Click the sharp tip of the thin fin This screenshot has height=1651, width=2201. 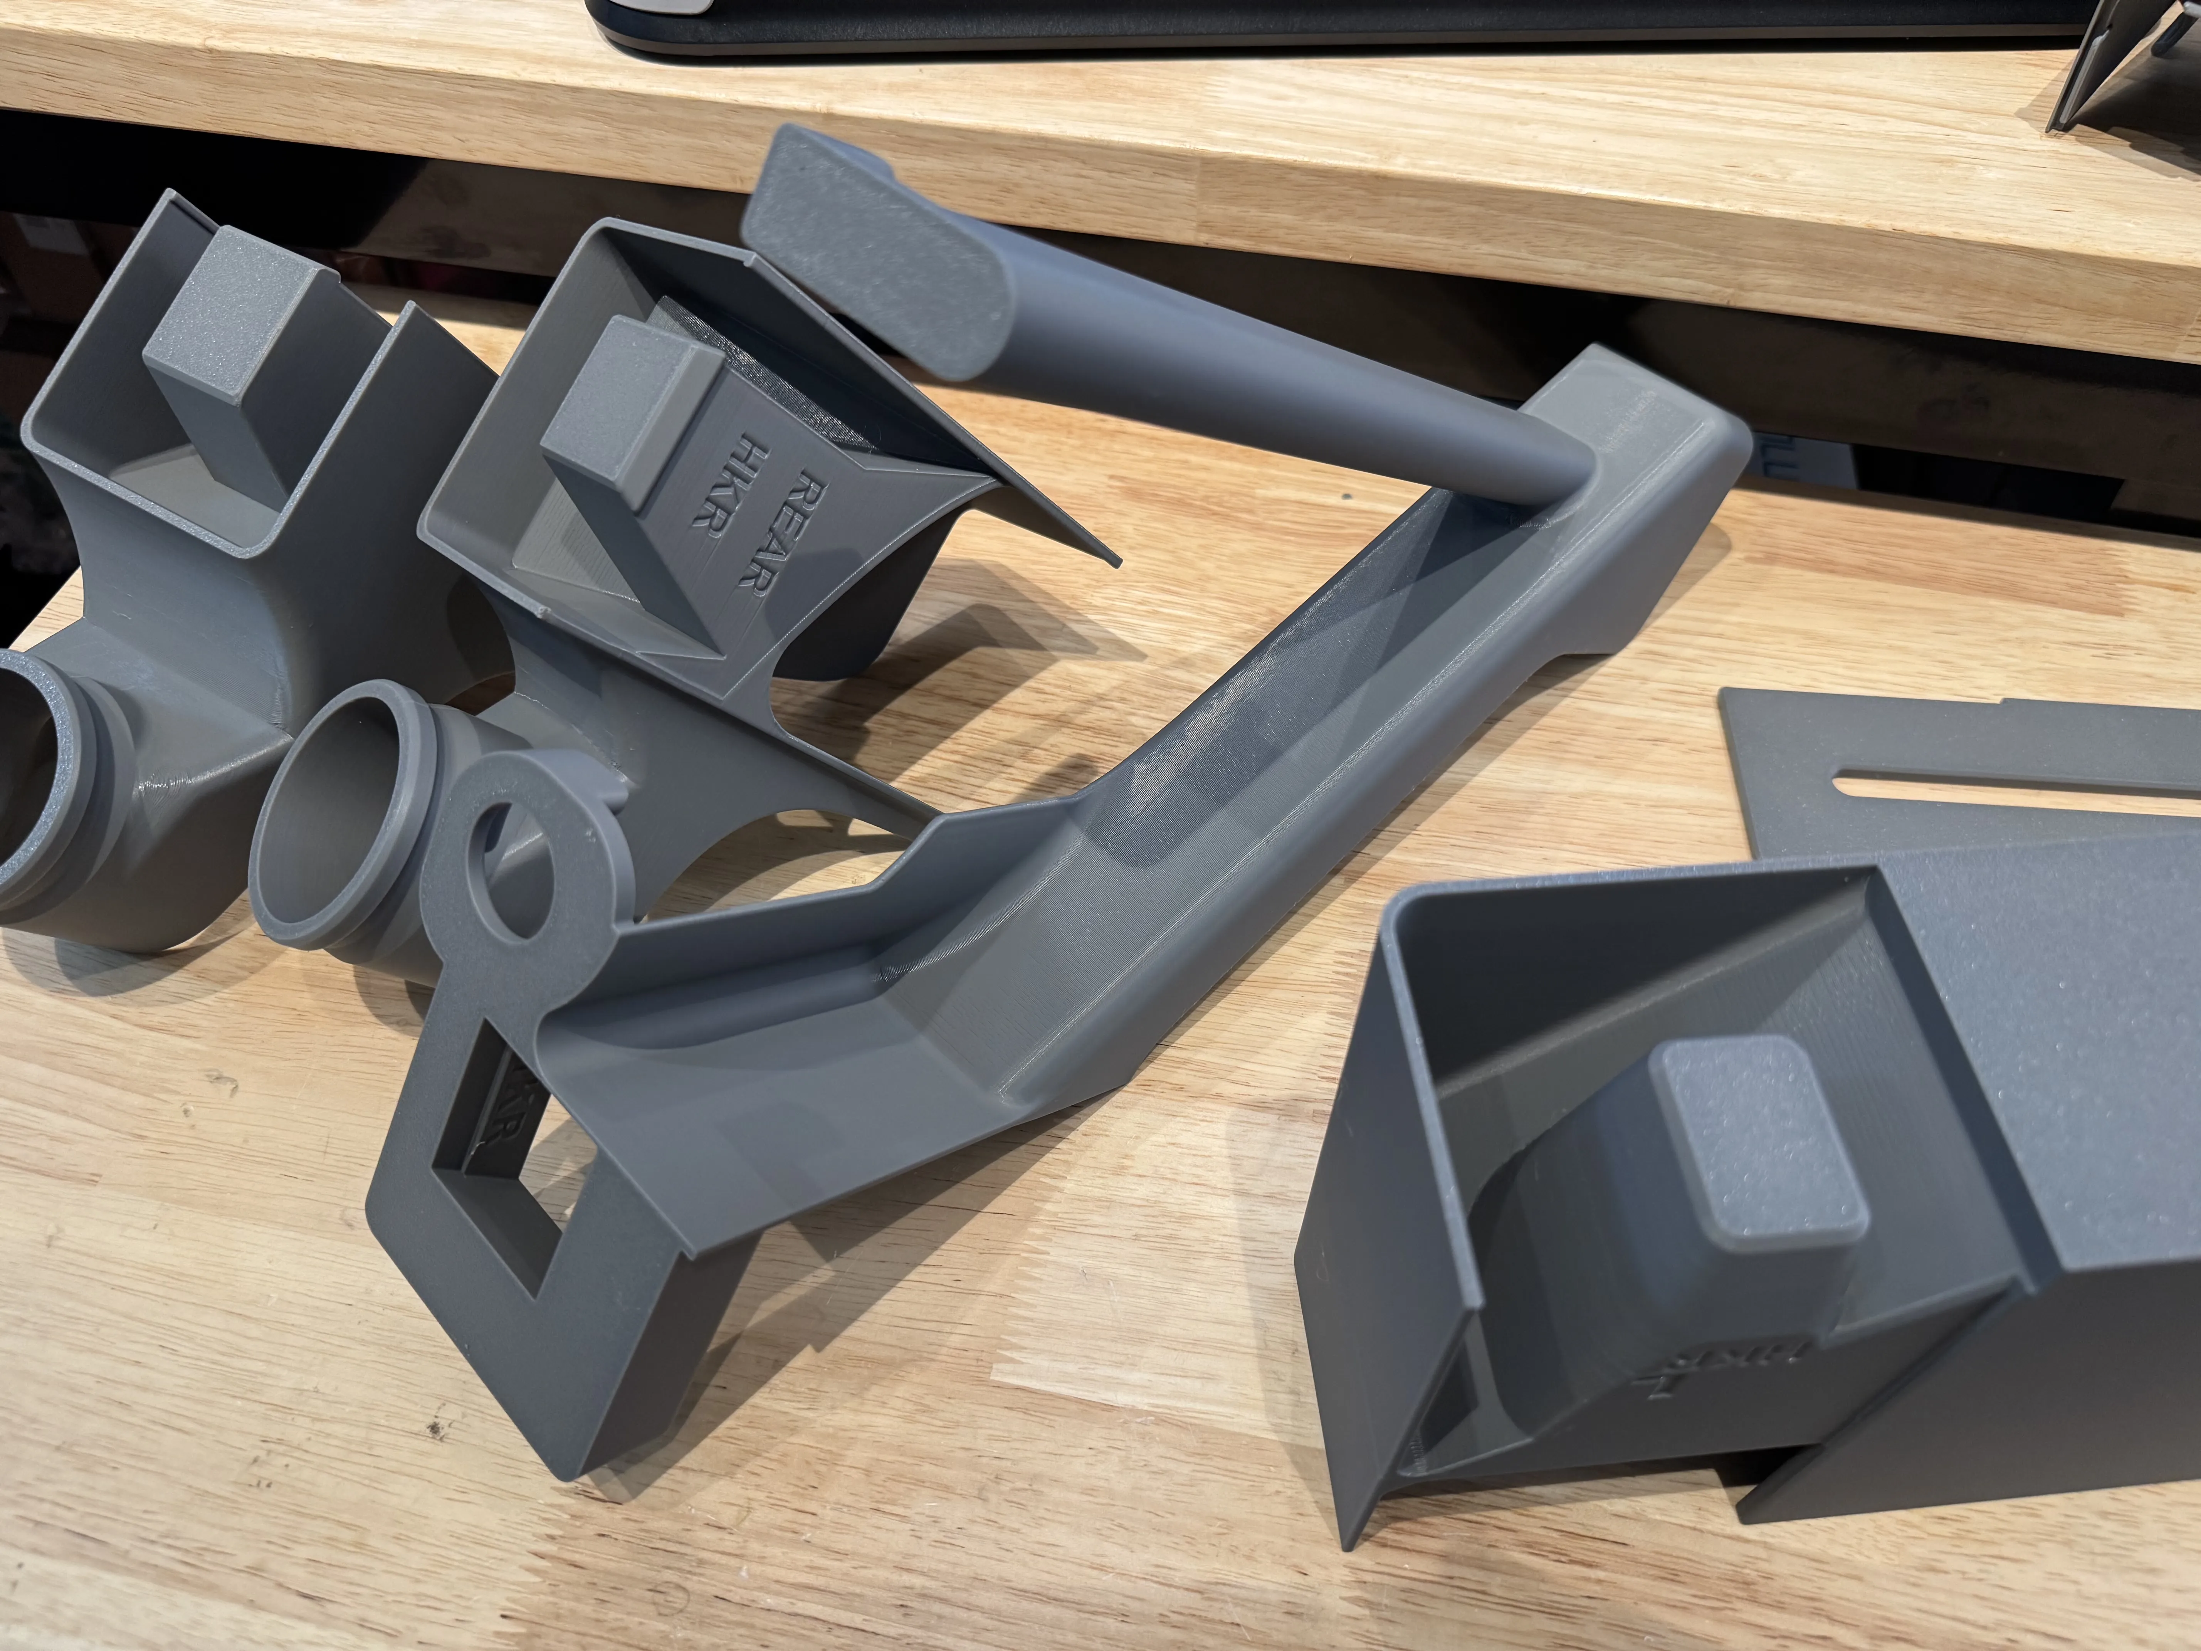click(1116, 563)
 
